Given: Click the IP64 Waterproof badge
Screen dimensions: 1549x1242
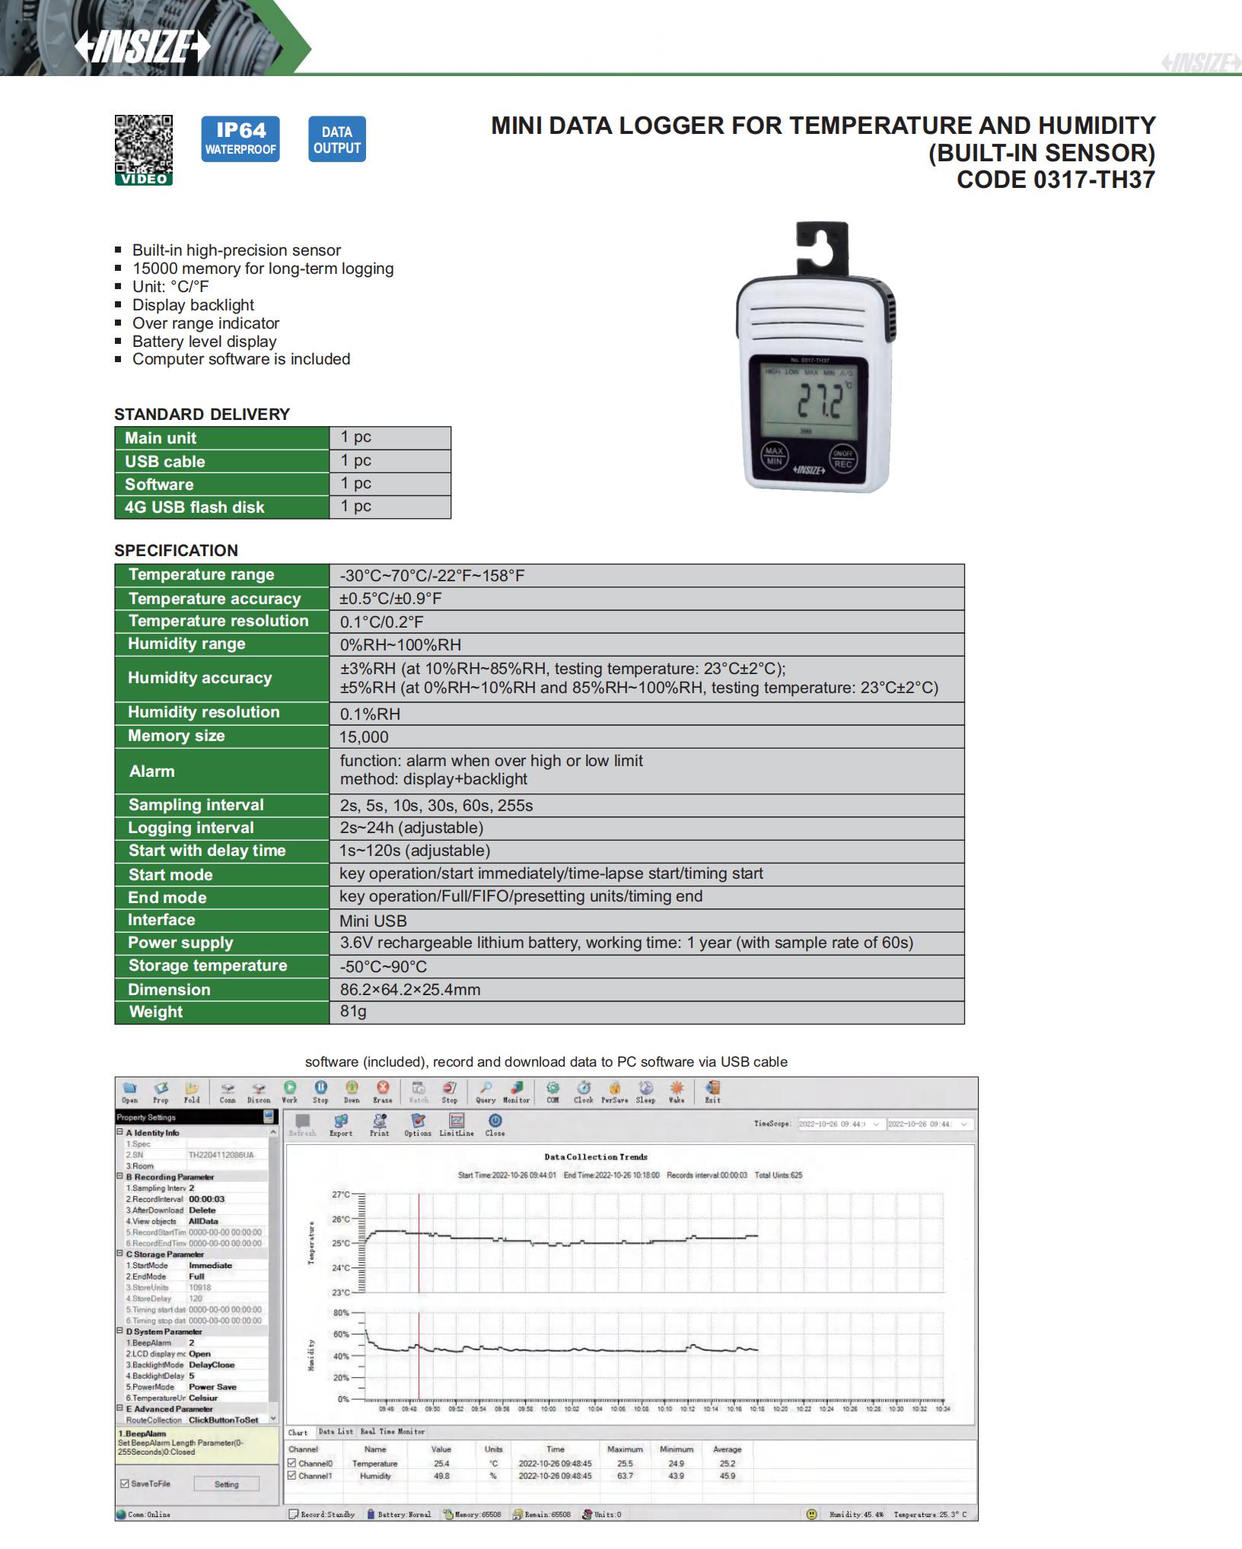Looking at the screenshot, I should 240,138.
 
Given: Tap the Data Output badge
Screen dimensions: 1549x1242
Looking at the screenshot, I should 336,139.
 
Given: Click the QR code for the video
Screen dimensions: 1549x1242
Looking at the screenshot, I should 144,145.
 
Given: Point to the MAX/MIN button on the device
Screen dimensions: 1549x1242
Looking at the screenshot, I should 774,456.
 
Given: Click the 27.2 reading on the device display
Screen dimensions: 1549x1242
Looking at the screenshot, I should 819,402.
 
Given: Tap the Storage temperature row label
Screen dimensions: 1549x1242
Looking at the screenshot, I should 207,965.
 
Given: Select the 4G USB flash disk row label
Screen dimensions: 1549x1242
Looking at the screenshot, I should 195,507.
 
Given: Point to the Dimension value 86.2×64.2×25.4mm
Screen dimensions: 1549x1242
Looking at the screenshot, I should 410,989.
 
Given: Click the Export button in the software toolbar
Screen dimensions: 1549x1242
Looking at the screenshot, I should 341,1124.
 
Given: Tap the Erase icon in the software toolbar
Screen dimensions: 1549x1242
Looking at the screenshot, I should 383,1092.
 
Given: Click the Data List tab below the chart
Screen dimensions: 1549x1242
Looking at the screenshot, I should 336,1431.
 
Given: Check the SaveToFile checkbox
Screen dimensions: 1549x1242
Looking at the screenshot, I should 126,1484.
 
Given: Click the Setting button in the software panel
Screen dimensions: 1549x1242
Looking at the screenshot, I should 226,1484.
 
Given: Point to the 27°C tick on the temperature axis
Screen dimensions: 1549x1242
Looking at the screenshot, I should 340,1194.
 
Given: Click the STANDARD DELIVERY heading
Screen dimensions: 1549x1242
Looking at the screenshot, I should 202,414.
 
